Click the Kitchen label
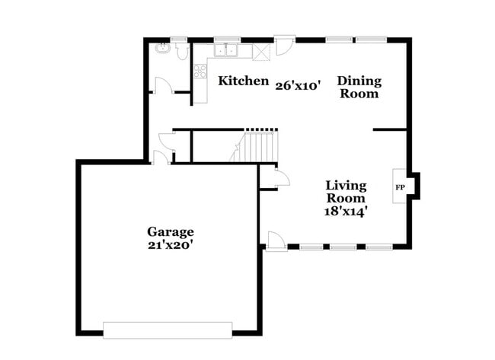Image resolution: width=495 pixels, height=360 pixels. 244,81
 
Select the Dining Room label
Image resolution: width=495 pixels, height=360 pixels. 359,88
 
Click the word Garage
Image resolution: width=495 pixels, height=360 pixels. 171,231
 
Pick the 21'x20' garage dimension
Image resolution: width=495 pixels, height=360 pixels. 171,245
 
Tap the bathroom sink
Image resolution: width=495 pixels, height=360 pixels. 162,49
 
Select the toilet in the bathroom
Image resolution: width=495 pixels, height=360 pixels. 182,51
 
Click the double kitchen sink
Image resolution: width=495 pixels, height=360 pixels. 228,51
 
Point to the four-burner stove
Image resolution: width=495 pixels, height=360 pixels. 200,72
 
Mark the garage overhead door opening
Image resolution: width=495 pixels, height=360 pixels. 168,330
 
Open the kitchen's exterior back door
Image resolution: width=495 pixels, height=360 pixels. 283,46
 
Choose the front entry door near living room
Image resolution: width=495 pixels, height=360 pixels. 276,242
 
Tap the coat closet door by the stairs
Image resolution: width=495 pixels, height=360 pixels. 279,179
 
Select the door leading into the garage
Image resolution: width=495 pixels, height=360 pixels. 161,158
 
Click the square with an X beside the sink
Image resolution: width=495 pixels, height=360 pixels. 260,51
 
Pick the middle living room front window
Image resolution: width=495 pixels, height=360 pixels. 343,247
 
